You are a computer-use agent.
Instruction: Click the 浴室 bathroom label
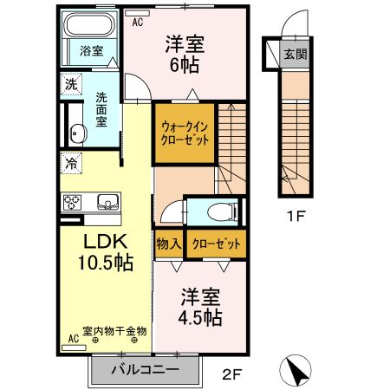(91, 51)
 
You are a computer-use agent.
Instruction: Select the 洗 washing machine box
(70, 84)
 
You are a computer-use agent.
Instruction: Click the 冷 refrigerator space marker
(70, 162)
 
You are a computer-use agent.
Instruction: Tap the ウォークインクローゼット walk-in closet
(185, 133)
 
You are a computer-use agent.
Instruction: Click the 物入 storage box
(168, 244)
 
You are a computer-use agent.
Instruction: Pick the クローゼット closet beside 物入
(216, 244)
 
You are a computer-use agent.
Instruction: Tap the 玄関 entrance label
(295, 54)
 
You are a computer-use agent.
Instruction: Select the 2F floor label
(231, 374)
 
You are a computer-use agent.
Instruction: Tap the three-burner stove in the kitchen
(72, 203)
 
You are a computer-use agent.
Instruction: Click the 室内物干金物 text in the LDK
(114, 330)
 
